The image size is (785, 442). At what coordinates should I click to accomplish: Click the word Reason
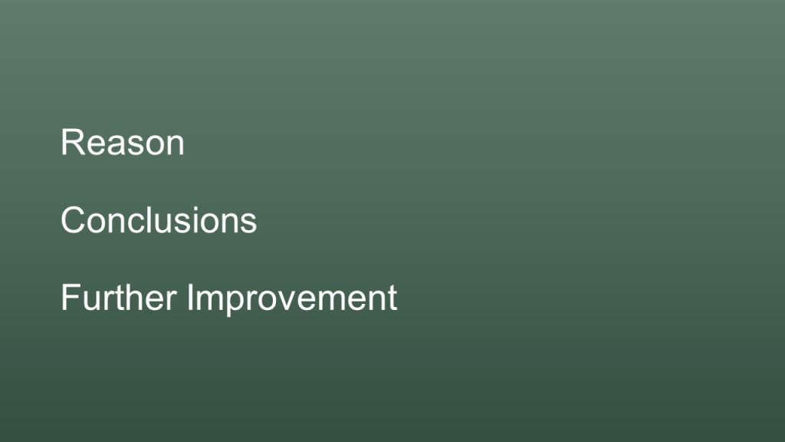tap(123, 142)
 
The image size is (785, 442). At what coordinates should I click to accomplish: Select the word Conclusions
tap(159, 220)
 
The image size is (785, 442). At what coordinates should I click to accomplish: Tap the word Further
tap(119, 297)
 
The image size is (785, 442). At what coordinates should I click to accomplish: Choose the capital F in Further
tap(71, 297)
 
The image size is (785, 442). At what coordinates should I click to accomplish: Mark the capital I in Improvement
tap(190, 297)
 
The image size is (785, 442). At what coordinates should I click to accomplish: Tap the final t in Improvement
tap(392, 299)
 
